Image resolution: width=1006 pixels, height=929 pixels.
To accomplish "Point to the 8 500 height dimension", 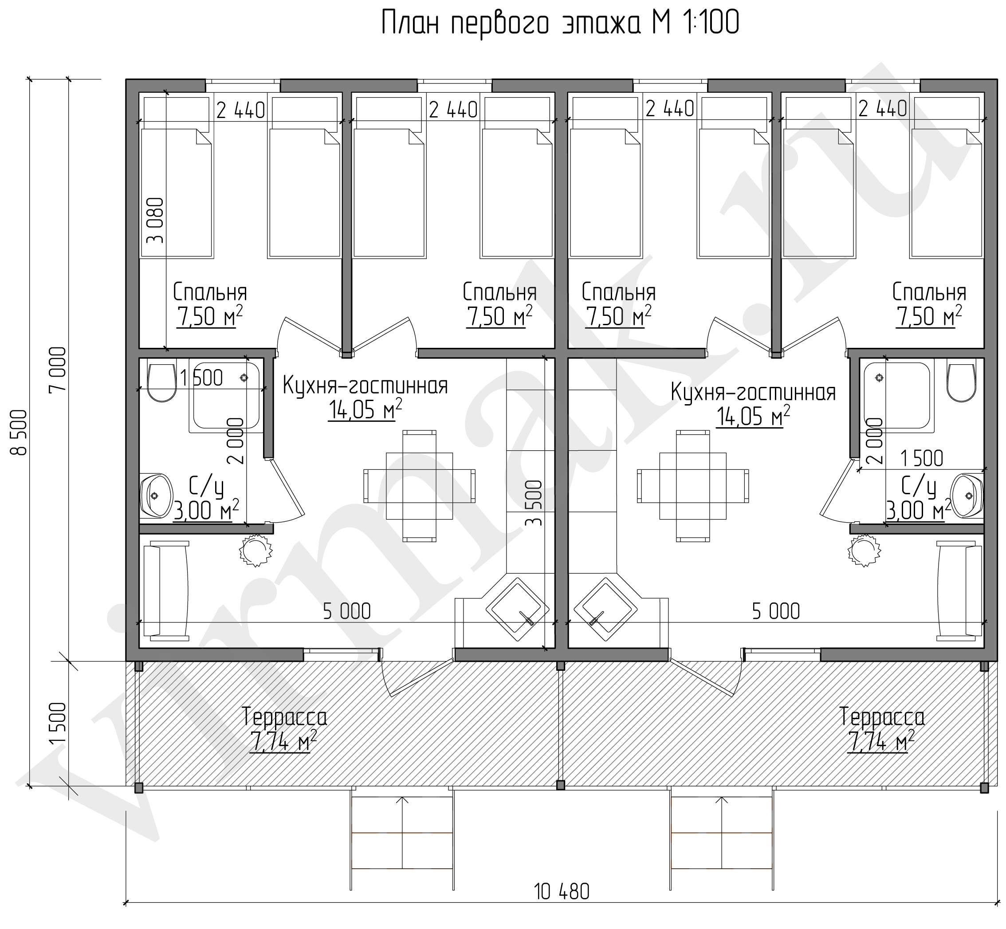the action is coord(19,432).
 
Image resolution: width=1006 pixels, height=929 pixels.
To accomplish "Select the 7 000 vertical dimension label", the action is coord(58,370).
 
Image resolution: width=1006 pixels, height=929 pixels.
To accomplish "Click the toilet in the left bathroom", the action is coord(162,382).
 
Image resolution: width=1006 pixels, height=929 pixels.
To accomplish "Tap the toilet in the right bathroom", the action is coord(960,382).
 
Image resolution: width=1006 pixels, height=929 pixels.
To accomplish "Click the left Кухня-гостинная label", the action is coord(365,386).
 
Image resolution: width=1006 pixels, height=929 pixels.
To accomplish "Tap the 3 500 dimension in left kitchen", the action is coord(534,503).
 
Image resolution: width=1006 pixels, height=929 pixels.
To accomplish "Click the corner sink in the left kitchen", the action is coord(517,609).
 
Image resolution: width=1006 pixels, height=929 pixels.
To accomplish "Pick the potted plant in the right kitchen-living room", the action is coord(865,551).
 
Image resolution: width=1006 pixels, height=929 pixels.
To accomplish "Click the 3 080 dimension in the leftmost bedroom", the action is coord(156,220).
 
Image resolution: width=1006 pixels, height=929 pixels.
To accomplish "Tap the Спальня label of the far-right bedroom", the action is coord(929,292).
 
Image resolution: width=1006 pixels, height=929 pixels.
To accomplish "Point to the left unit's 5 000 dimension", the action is coord(347,612).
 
